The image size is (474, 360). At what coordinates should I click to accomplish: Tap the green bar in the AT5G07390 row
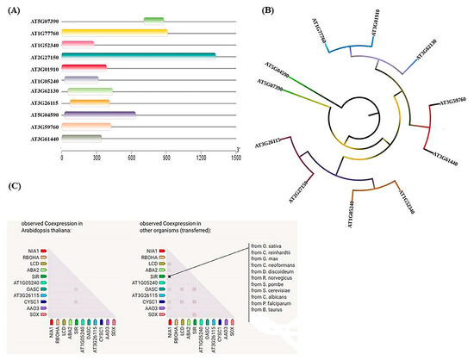pos(153,20)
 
